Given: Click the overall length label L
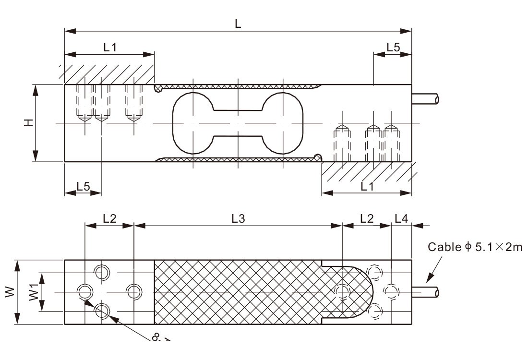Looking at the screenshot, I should point(238,24).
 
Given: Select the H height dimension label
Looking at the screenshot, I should point(29,123).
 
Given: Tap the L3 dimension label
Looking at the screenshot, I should point(238,218).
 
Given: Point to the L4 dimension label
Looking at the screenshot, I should point(401,218).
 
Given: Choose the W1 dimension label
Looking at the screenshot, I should point(34,292).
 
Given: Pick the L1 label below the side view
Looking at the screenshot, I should point(367,187).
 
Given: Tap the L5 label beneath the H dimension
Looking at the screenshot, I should point(83,187).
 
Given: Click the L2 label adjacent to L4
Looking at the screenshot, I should point(366,218).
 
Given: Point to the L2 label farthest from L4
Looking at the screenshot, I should point(109,218).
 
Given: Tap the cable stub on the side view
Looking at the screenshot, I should point(426,99).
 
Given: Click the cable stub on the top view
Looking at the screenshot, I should point(426,292).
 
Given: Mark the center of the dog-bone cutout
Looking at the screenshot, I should point(238,123).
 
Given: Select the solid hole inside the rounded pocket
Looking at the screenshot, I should point(342,291).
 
